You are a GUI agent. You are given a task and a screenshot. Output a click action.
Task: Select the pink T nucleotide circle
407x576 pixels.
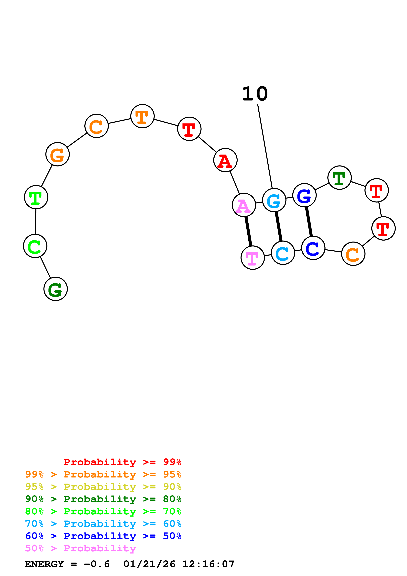253,258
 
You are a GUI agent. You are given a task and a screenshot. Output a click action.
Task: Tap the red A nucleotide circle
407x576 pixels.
225,160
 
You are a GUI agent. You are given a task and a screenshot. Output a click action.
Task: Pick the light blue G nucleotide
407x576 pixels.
274,200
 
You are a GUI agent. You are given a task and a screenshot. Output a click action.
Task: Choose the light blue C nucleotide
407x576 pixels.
283,253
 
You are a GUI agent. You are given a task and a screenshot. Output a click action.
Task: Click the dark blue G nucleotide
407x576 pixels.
304,195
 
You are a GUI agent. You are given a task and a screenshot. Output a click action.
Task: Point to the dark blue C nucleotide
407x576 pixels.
313,248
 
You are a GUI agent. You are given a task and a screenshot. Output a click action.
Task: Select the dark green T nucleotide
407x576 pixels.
340,178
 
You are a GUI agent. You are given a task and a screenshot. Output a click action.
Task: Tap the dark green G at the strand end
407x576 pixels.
56,289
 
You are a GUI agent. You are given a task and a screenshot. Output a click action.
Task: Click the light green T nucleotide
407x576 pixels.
36,197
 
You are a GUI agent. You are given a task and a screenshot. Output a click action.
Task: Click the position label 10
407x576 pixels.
255,94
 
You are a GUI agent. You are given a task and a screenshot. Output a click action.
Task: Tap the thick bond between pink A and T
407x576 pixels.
248,231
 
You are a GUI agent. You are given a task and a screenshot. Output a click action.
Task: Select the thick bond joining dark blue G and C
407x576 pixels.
309,222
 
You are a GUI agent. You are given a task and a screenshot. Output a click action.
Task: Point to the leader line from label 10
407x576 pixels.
265,147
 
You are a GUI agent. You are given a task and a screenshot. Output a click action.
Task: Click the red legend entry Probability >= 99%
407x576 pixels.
122,462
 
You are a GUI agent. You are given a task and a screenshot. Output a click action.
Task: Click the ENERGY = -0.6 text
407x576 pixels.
67,564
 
